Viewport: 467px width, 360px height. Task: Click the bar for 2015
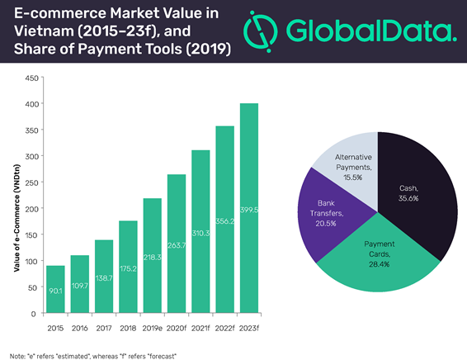[55, 289]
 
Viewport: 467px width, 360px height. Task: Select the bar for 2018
[128, 267]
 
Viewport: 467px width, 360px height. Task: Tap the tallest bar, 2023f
[249, 208]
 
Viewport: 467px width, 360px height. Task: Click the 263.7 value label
[177, 245]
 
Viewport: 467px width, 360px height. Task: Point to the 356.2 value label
[225, 221]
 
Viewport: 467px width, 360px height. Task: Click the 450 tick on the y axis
[32, 78]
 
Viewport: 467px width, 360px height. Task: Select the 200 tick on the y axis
[32, 209]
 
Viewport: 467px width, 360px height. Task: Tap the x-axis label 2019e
[152, 328]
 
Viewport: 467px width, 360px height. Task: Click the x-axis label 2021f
[200, 328]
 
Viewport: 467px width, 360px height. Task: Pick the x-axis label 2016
[79, 328]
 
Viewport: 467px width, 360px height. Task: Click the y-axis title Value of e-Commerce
[17, 218]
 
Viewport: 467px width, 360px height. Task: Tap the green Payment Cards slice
[378, 263]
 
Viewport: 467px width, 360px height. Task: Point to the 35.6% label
[408, 198]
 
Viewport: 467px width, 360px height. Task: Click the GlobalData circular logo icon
[261, 31]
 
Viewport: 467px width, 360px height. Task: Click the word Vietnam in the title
[44, 31]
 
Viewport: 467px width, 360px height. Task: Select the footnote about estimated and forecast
[93, 356]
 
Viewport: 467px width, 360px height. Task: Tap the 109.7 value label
[80, 286]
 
